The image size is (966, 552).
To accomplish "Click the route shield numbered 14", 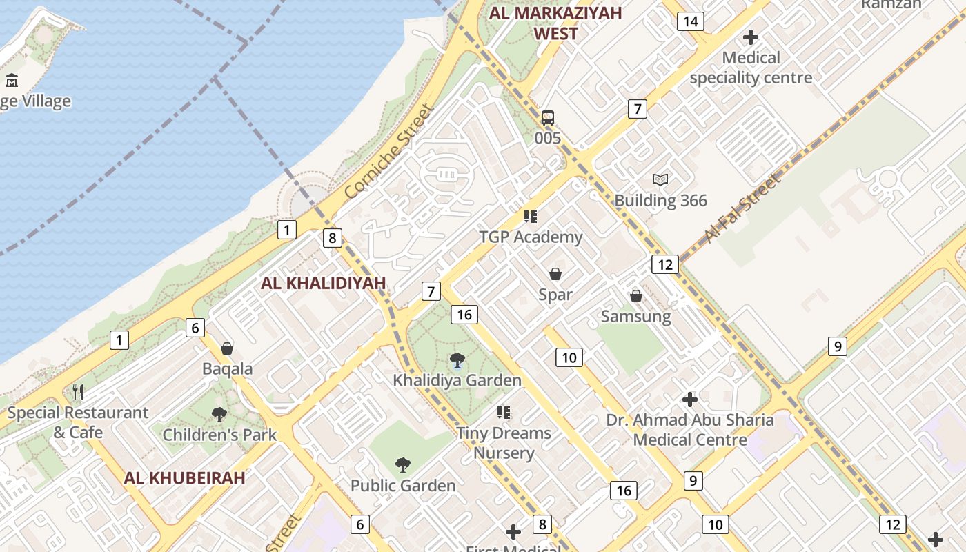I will pyautogui.click(x=690, y=21).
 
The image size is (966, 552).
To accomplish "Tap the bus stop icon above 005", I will pyautogui.click(x=548, y=117).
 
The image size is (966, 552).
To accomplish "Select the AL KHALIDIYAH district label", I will pyautogui.click(x=324, y=283).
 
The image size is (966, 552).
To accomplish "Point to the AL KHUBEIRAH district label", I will pyautogui.click(x=185, y=478).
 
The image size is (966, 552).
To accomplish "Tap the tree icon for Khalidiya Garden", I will pyautogui.click(x=457, y=359).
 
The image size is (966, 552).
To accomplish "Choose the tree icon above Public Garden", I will pyautogui.click(x=403, y=465).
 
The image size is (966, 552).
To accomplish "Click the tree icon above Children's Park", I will pyautogui.click(x=219, y=415).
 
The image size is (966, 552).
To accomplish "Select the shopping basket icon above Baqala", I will pyautogui.click(x=227, y=348).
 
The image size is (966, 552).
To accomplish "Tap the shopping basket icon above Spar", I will pyautogui.click(x=555, y=274).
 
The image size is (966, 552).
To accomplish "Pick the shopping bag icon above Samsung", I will pyautogui.click(x=636, y=296).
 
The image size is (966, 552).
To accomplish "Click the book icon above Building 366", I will pyautogui.click(x=660, y=180).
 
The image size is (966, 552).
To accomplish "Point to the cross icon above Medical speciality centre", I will pyautogui.click(x=751, y=37).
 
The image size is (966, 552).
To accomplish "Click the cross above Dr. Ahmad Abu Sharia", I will pyautogui.click(x=689, y=400).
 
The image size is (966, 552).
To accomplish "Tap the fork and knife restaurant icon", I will pyautogui.click(x=78, y=393).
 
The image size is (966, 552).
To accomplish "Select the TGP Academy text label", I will pyautogui.click(x=531, y=237).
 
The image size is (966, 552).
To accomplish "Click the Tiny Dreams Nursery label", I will pyautogui.click(x=504, y=443).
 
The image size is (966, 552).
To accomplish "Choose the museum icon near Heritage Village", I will pyautogui.click(x=12, y=81).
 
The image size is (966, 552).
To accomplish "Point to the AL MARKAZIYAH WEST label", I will pyautogui.click(x=555, y=23).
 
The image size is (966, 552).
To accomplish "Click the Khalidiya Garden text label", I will pyautogui.click(x=457, y=380).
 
